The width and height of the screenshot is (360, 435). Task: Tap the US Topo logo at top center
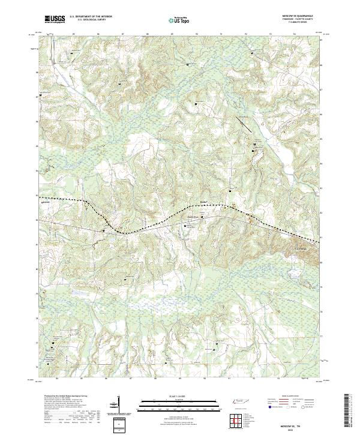[x=180, y=20]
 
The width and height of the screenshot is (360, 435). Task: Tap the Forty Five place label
[x=193, y=218]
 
